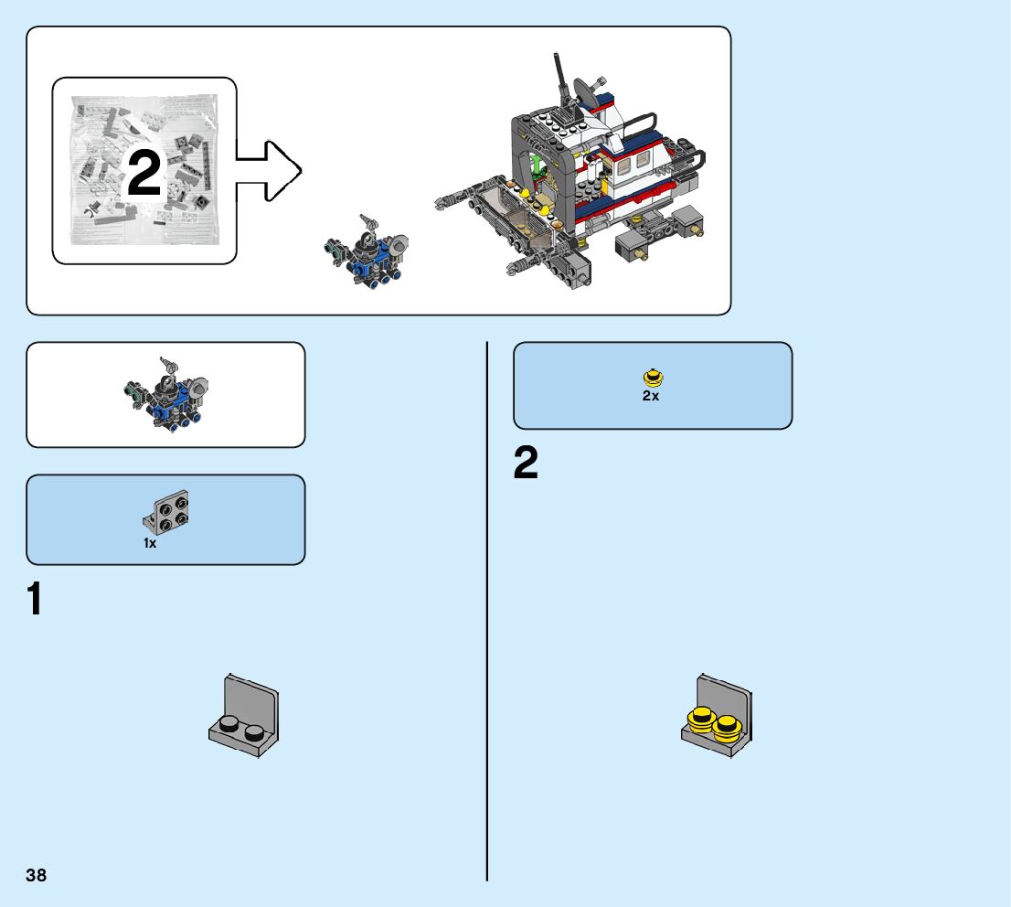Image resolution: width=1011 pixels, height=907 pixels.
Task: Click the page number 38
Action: tap(37, 875)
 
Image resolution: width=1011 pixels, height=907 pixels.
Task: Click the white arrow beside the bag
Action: tap(269, 170)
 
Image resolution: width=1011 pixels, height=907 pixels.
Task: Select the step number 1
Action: tap(35, 599)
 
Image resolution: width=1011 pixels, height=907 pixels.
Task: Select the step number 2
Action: tap(526, 464)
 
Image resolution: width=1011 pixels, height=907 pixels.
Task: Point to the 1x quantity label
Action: tap(150, 543)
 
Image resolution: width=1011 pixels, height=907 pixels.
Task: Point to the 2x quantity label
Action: tap(651, 396)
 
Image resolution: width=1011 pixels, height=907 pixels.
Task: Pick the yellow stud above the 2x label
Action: tap(653, 377)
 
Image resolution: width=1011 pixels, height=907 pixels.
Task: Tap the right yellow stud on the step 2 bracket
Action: tap(727, 726)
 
